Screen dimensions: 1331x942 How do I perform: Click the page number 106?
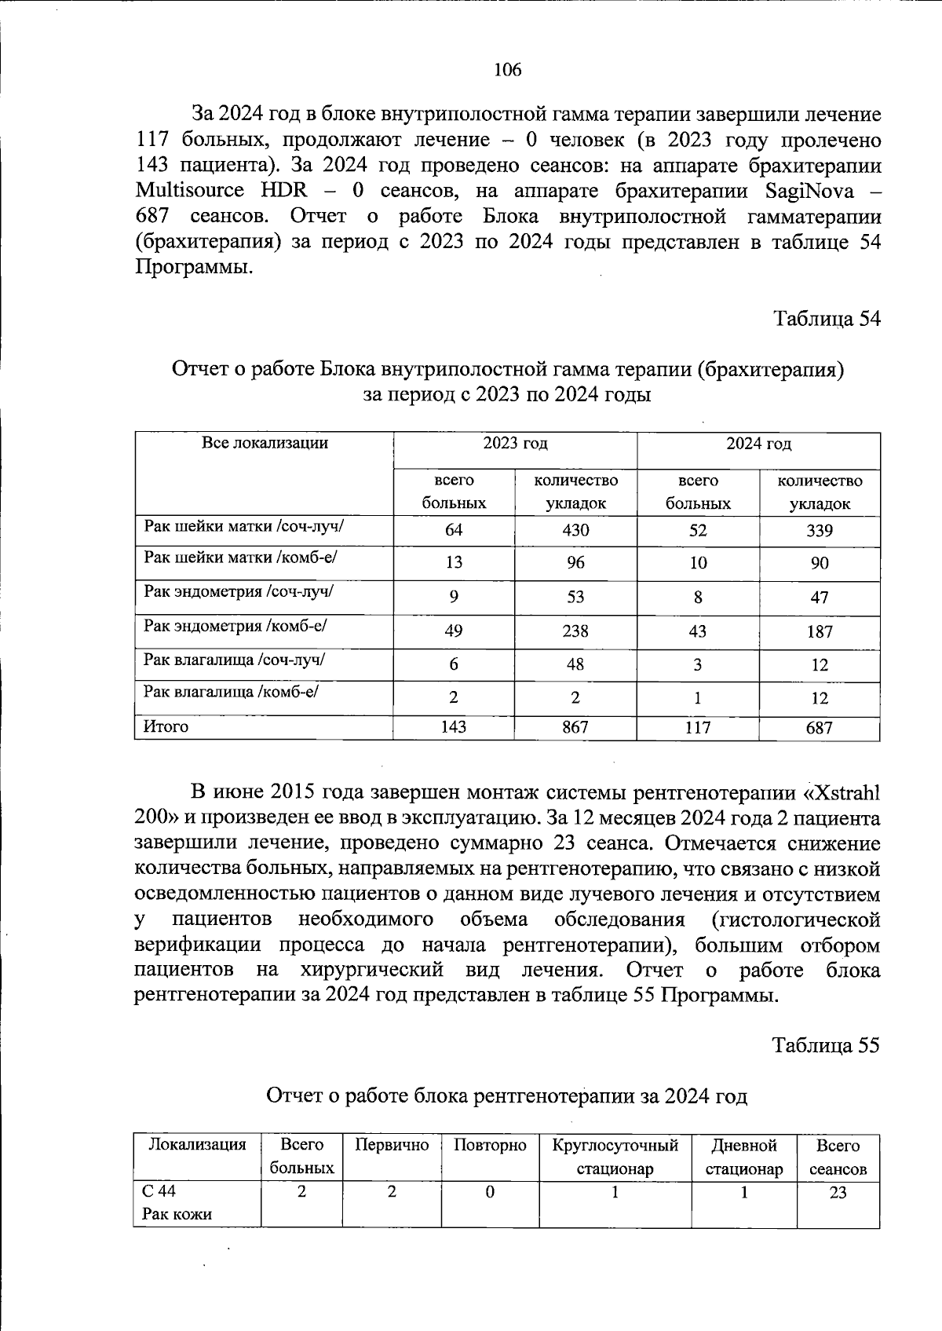point(507,70)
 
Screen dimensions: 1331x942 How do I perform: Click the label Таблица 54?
point(827,319)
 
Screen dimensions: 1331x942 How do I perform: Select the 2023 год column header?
point(515,444)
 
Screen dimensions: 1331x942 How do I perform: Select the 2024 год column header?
point(758,444)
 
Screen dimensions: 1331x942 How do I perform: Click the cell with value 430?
point(575,530)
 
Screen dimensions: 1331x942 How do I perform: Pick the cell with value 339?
point(819,531)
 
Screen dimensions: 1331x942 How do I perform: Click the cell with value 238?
point(575,631)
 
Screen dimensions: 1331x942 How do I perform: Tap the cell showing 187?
point(819,631)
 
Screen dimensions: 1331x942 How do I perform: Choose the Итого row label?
point(166,727)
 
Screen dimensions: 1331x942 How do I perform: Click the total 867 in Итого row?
point(575,727)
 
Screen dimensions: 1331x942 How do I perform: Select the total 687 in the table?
point(819,728)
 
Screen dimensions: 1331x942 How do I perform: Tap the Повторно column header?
point(490,1145)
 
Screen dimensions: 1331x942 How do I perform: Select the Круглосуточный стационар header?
point(615,1156)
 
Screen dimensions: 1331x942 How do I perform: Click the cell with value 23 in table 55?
point(838,1192)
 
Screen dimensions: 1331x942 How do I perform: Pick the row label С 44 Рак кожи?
point(177,1202)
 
